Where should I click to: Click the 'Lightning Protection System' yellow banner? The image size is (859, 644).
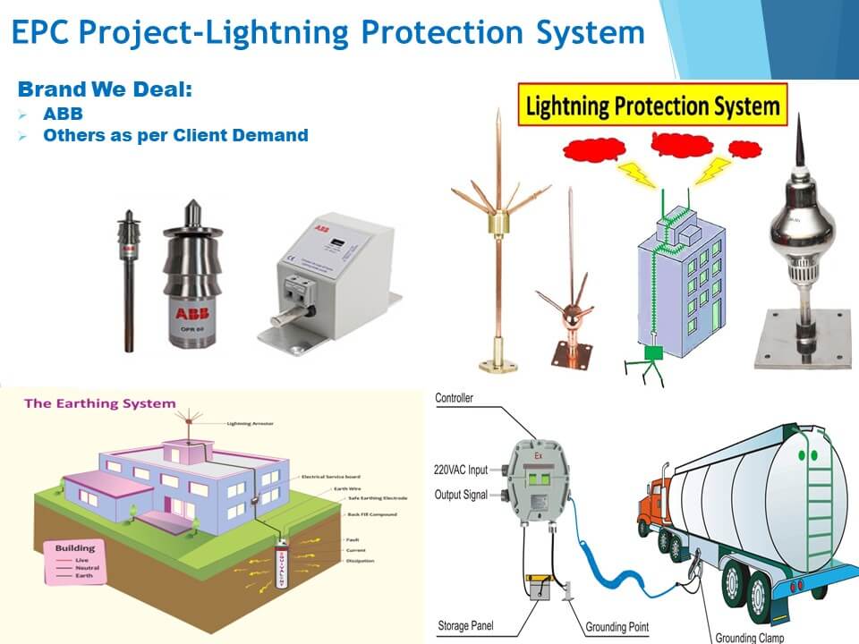(652, 107)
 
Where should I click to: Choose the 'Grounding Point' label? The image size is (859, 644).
(617, 627)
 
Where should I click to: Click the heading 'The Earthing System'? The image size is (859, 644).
(99, 403)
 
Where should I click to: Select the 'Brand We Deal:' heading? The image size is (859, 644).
(106, 89)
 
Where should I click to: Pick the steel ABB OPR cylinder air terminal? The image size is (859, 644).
(192, 282)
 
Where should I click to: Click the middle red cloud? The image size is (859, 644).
(676, 143)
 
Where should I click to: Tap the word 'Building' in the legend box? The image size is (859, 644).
(74, 547)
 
